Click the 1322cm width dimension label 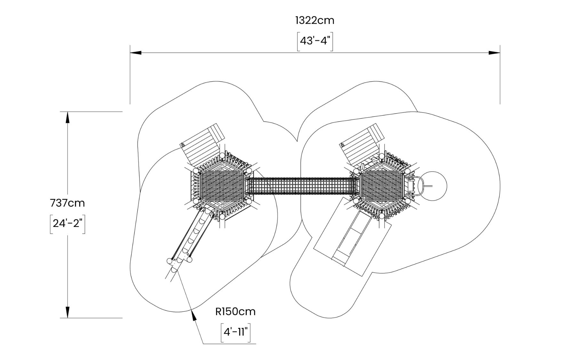(x=315, y=20)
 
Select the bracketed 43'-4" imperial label (x=315, y=41)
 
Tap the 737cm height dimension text (x=68, y=203)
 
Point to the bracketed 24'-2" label (x=68, y=223)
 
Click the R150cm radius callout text (x=236, y=312)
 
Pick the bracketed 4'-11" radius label (x=236, y=332)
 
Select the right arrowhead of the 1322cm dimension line (x=494, y=53)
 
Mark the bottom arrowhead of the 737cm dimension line (x=68, y=312)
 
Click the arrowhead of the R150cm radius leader (x=194, y=315)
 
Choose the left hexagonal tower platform (x=222, y=187)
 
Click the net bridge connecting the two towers (x=302, y=186)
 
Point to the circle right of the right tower (x=433, y=186)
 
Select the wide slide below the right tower (x=352, y=237)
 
